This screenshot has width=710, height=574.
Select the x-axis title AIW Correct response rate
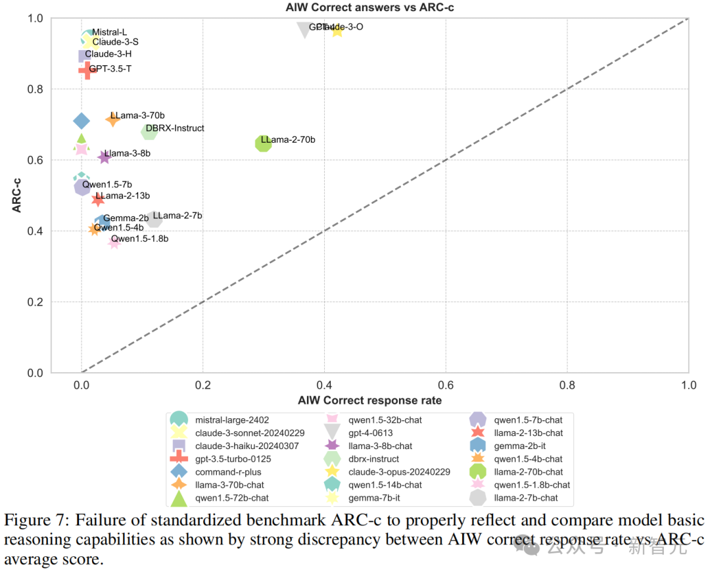(369, 400)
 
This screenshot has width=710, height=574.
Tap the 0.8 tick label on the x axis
(567, 383)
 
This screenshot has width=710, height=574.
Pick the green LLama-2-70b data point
(263, 143)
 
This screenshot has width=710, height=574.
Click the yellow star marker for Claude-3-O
(337, 30)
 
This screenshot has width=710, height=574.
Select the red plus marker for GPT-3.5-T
(86, 69)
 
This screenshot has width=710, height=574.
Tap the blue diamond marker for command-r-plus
(82, 121)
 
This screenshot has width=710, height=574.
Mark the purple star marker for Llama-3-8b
(104, 157)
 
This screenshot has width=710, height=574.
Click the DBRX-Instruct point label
(175, 128)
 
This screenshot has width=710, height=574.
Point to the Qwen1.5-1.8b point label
(139, 239)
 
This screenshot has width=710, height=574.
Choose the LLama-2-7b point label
(177, 216)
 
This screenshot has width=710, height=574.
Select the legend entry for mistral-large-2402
(232, 419)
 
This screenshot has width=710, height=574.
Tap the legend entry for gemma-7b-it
(373, 498)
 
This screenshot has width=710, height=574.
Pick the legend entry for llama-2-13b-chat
(528, 433)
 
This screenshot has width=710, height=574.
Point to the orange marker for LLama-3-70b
(112, 119)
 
